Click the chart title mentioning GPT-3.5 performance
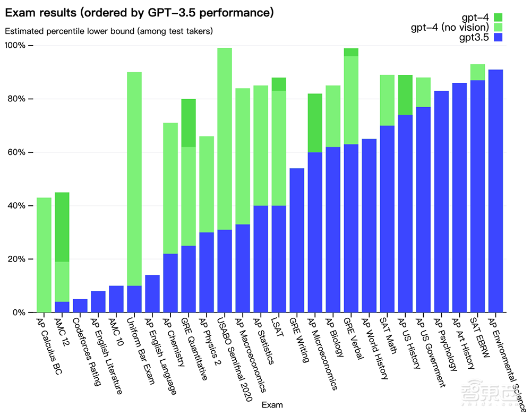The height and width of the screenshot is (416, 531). pyautogui.click(x=139, y=13)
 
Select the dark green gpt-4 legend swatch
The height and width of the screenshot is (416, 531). pyautogui.click(x=498, y=18)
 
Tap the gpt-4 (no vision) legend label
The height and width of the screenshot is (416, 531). pyautogui.click(x=450, y=27)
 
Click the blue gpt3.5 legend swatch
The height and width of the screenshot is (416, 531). pyautogui.click(x=498, y=37)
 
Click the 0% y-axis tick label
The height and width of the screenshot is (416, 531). pyautogui.click(x=19, y=313)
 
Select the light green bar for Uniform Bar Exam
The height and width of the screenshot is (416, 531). pyautogui.click(x=134, y=179)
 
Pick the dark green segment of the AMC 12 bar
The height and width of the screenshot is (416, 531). pyautogui.click(x=62, y=227)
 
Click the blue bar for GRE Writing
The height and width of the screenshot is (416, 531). pyautogui.click(x=297, y=240)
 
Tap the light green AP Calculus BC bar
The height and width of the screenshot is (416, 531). pyautogui.click(x=44, y=255)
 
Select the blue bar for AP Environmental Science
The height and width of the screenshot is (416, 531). pyautogui.click(x=496, y=191)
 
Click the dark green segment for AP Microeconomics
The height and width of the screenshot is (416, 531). pyautogui.click(x=315, y=123)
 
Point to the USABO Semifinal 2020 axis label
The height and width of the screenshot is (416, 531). pyautogui.click(x=234, y=359)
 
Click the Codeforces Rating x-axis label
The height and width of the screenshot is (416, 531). pyautogui.click(x=87, y=352)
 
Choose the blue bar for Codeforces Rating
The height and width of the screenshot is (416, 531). pyautogui.click(x=80, y=306)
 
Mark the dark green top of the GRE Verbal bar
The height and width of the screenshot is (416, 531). pyautogui.click(x=351, y=52)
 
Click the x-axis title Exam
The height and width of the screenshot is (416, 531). pyautogui.click(x=272, y=405)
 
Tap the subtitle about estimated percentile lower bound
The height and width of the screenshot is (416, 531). pyautogui.click(x=109, y=31)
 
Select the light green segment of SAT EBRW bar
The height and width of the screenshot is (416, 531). pyautogui.click(x=477, y=72)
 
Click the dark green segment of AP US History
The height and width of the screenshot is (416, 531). pyautogui.click(x=405, y=95)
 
